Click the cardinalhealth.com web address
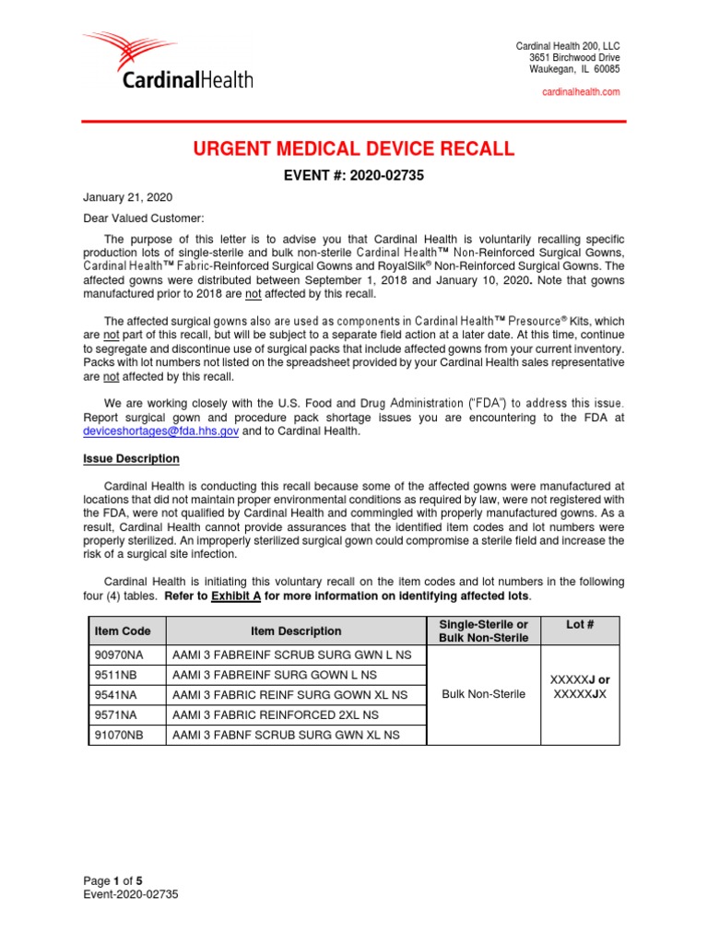point(581,92)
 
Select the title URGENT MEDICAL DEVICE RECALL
point(354,150)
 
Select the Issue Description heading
point(132,459)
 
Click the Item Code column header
point(116,631)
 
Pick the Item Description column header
point(295,631)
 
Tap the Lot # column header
point(580,624)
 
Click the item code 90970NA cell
point(114,655)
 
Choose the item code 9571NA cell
point(111,714)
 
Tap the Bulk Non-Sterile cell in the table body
point(484,694)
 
